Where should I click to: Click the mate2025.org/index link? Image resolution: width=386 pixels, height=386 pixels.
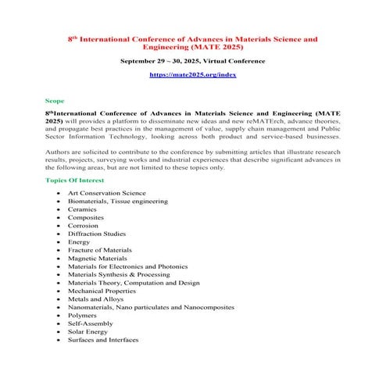click(192, 74)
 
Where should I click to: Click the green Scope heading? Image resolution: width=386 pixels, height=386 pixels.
click(55, 101)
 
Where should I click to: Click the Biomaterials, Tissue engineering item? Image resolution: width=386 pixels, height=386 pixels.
click(117, 201)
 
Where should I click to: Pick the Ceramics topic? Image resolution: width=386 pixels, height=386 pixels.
click(83, 209)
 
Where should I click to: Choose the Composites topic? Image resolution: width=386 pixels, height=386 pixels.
click(86, 217)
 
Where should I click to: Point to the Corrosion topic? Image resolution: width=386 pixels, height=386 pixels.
click(84, 226)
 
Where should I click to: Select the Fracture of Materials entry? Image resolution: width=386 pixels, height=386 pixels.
click(99, 250)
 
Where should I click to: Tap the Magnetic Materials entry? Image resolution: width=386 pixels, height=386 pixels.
click(98, 258)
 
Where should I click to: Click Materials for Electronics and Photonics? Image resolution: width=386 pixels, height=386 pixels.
click(122, 266)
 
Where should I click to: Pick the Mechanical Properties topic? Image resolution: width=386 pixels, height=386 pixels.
click(101, 291)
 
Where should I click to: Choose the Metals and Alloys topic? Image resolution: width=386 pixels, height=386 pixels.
click(95, 299)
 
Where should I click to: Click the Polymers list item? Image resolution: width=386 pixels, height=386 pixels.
click(83, 316)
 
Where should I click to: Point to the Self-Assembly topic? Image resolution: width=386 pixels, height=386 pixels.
click(88, 323)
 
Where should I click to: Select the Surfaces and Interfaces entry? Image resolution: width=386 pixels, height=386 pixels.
click(103, 340)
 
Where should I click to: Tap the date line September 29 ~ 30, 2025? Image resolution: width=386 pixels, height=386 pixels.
click(192, 60)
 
